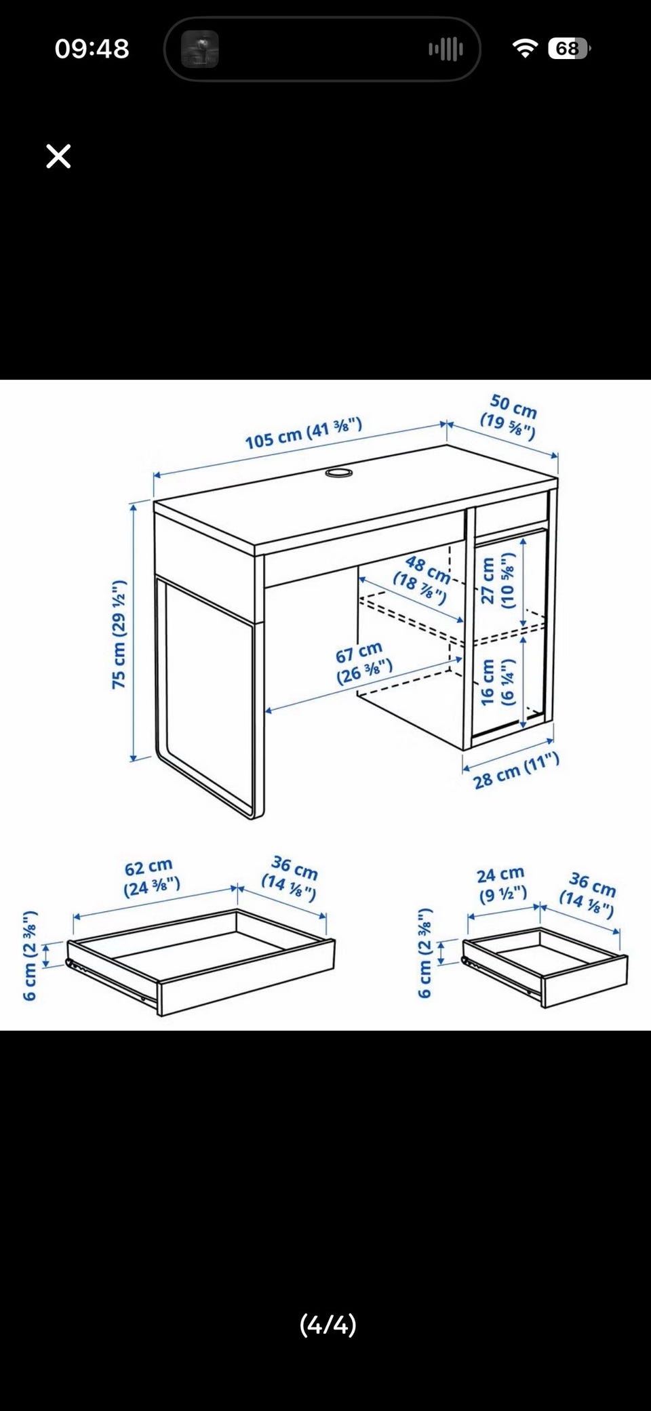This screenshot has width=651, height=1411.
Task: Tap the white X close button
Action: [x=58, y=156]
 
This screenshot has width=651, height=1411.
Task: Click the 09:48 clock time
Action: [x=92, y=49]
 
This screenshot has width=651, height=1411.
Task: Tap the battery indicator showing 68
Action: [x=569, y=49]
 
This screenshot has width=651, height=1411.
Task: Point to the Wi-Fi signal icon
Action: [x=525, y=48]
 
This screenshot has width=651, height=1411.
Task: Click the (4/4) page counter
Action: [x=328, y=1324]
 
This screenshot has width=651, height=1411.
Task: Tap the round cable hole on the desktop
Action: [x=338, y=472]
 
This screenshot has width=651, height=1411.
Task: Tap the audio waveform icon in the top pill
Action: [x=446, y=49]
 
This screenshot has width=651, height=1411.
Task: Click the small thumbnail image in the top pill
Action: [x=200, y=49]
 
